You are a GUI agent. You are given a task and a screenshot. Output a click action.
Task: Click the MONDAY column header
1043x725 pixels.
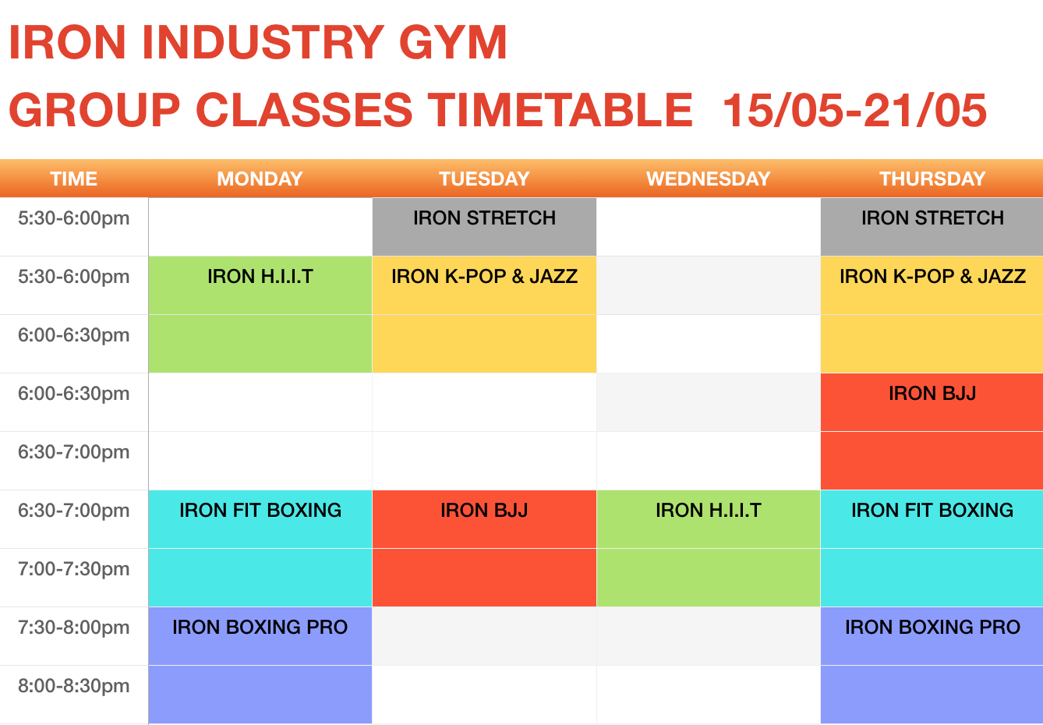tap(260, 179)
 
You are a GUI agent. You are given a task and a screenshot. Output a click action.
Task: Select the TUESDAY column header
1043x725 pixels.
tap(484, 179)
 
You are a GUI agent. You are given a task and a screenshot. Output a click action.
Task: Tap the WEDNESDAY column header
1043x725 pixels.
tap(709, 179)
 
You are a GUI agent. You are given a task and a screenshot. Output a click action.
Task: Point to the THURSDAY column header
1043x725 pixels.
tap(932, 179)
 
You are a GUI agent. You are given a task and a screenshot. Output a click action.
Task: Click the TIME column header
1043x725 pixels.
tap(73, 179)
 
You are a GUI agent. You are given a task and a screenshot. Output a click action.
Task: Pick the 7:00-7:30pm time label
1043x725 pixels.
tap(73, 569)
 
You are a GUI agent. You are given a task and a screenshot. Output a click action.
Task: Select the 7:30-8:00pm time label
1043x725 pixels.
tap(73, 628)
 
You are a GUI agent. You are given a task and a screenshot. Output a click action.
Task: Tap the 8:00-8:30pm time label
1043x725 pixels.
tap(73, 686)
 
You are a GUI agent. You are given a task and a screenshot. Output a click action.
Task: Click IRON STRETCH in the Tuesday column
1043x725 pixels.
tap(484, 218)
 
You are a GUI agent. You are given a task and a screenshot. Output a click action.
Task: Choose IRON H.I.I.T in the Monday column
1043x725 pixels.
tap(260, 277)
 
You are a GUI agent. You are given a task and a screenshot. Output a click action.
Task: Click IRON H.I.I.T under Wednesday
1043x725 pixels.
tap(709, 511)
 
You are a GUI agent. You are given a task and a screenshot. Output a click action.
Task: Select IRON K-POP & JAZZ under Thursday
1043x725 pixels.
tap(932, 277)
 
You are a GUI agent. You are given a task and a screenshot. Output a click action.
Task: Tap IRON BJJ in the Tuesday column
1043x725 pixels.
tap(484, 511)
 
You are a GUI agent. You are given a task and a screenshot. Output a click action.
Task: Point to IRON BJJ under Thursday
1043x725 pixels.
tap(932, 394)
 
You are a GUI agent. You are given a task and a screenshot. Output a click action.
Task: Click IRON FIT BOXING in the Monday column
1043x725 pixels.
tap(260, 511)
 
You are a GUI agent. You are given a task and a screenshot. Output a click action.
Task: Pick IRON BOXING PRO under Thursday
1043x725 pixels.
tap(932, 628)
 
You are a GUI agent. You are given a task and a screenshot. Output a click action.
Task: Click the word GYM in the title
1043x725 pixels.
tap(453, 42)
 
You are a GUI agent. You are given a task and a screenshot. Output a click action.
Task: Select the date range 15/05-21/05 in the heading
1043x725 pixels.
tap(854, 111)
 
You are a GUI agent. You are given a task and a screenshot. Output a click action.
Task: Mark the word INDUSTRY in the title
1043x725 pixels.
tap(263, 42)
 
